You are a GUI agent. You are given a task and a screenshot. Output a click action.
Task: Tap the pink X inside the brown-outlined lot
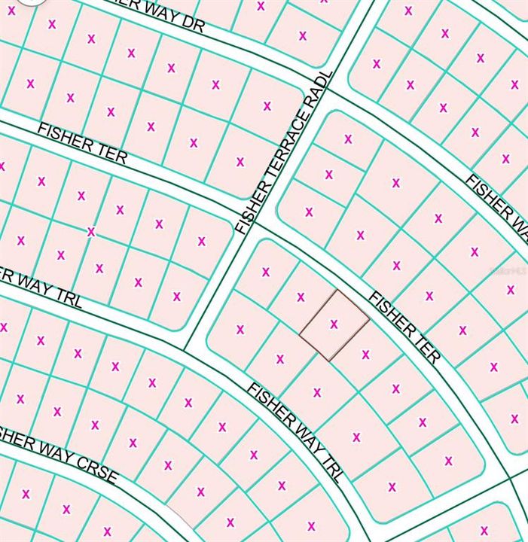[334, 324]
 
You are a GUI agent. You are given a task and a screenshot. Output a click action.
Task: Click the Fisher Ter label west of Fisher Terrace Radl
[82, 144]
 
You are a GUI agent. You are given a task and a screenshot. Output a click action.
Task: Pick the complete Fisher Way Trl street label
[296, 431]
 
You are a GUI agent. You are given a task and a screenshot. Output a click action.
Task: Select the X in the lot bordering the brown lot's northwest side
[301, 297]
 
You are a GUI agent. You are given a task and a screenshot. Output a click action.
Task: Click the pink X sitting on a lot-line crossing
[91, 232]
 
